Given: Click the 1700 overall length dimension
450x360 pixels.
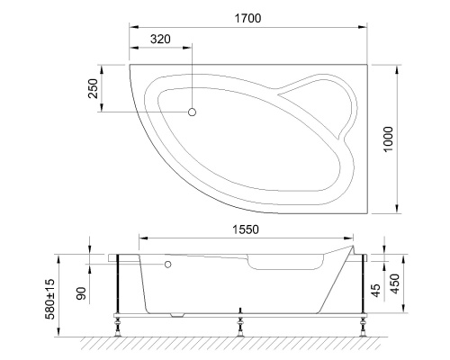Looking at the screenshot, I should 249,19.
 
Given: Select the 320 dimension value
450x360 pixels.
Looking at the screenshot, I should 161,40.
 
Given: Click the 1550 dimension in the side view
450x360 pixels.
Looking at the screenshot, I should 242,229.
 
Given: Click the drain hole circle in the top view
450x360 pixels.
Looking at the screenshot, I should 192,112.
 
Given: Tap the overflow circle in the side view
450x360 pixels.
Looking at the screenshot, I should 167,265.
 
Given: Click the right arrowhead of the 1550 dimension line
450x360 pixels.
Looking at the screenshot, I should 351,238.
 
